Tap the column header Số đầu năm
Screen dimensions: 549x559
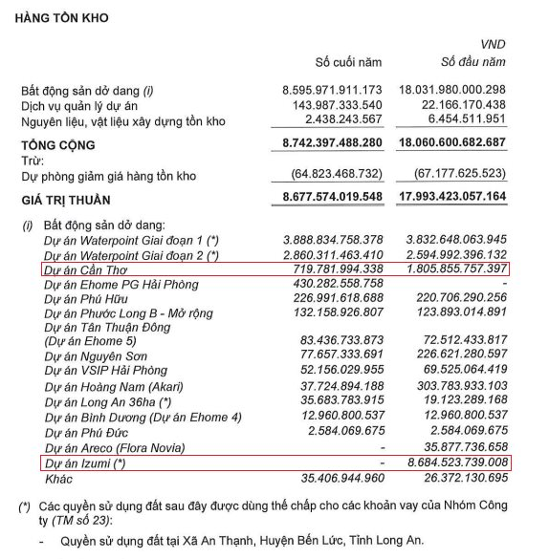click(472, 62)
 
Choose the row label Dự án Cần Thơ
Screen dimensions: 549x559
click(89, 270)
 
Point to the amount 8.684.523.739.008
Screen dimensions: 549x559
click(454, 462)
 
